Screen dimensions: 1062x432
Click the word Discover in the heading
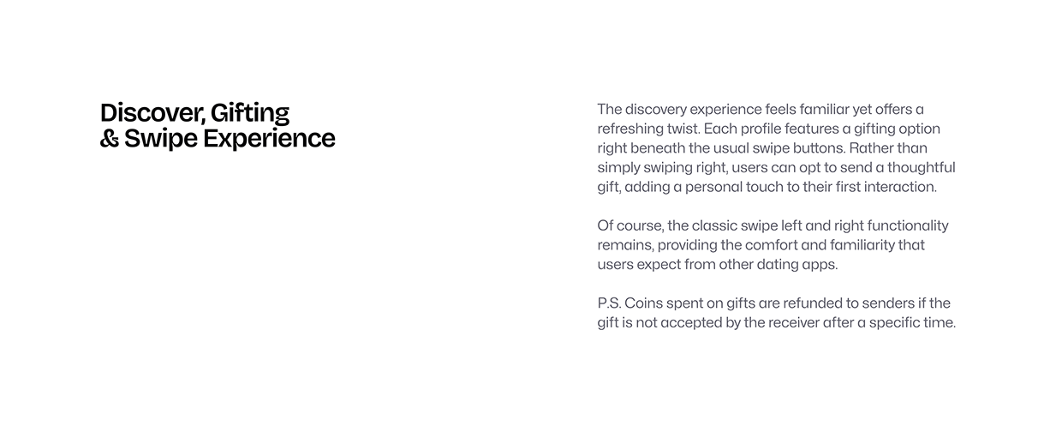pyautogui.click(x=152, y=113)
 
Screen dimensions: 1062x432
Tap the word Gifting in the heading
pyautogui.click(x=250, y=114)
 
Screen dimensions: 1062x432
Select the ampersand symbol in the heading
pyautogui.click(x=110, y=139)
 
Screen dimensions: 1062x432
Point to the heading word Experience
pyautogui.click(x=269, y=140)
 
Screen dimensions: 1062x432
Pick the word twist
pyautogui.click(x=683, y=129)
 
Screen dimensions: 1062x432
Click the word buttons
pyautogui.click(x=820, y=148)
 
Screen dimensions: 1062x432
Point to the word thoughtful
pyautogui.click(x=922, y=168)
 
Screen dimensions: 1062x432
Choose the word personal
pyautogui.click(x=713, y=187)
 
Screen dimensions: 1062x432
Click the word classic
pyautogui.click(x=714, y=225)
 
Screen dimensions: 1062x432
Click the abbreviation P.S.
pyautogui.click(x=609, y=303)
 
